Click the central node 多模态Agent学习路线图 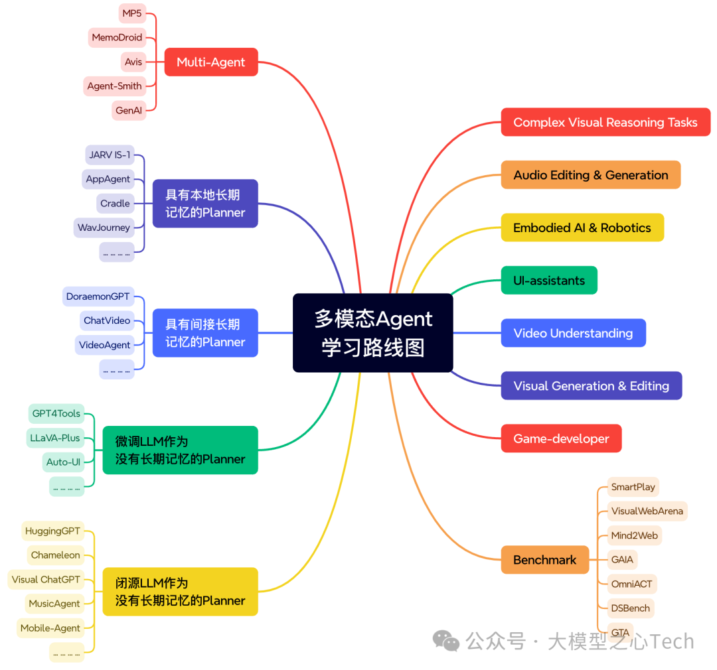pos(372,332)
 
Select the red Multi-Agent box pos(210,62)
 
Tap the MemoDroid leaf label pos(117,38)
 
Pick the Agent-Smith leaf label pos(115,86)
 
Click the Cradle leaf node pos(115,204)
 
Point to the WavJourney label pos(104,228)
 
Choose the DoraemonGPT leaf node pos(98,297)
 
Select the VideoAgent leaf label pos(104,345)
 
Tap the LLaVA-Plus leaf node pos(54,438)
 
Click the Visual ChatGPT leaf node pos(46,580)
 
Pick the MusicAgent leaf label pos(54,604)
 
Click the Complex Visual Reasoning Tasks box pos(605,123)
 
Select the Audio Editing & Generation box pos(590,175)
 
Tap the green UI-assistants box pos(548,281)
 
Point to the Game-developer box pos(560,438)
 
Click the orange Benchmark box pos(544,560)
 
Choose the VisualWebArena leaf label pos(647,511)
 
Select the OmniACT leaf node pos(631,584)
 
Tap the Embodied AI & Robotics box pos(582,228)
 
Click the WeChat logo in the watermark pos(446,641)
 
